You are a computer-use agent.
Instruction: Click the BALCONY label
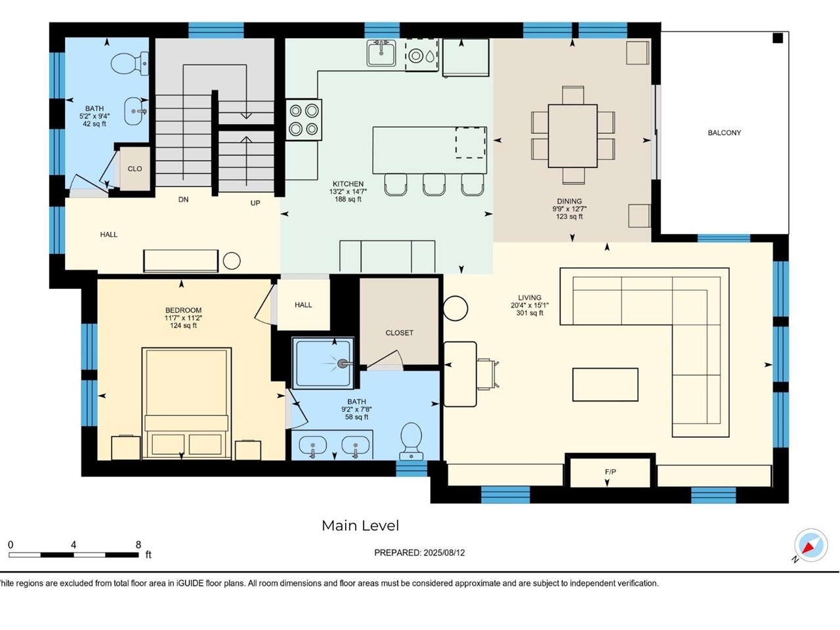(x=724, y=133)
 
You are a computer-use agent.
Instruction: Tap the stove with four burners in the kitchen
(x=304, y=119)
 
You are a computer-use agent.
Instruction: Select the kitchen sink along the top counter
(x=381, y=53)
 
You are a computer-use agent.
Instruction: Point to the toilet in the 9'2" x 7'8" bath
(x=411, y=440)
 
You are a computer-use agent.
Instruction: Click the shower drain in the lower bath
(x=342, y=364)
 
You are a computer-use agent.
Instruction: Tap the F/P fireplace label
(x=610, y=472)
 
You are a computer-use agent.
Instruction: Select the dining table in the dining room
(x=572, y=136)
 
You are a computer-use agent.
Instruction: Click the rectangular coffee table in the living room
(x=605, y=385)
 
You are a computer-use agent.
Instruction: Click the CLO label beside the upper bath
(x=135, y=169)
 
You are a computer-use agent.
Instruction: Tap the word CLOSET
(x=399, y=333)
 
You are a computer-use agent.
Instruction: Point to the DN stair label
(x=183, y=199)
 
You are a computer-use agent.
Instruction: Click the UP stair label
(x=255, y=203)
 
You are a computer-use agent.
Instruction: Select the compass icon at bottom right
(x=810, y=545)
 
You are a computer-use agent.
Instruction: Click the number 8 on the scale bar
(x=138, y=545)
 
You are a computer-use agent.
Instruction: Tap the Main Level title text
(x=360, y=526)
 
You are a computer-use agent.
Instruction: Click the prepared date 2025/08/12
(x=444, y=553)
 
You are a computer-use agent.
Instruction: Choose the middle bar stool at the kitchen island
(x=434, y=184)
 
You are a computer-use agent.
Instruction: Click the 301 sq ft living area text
(x=530, y=313)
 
